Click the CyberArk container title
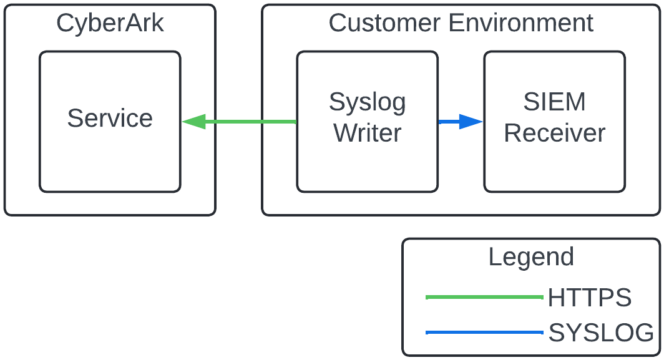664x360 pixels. pyautogui.click(x=110, y=24)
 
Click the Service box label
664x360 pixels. pyautogui.click(x=110, y=118)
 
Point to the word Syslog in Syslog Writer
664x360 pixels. pyautogui.click(x=367, y=102)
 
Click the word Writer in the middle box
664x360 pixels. pyautogui.click(x=367, y=133)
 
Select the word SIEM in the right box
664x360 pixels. pyautogui.click(x=554, y=102)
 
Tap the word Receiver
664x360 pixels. pyautogui.click(x=554, y=133)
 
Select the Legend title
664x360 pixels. pyautogui.click(x=530, y=257)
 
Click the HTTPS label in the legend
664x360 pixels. pyautogui.click(x=590, y=298)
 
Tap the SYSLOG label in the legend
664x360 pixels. pyautogui.click(x=601, y=333)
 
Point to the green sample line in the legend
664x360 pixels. pyautogui.click(x=484, y=298)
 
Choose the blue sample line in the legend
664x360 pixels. pyautogui.click(x=484, y=333)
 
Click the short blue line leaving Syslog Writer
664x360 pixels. pyautogui.click(x=448, y=122)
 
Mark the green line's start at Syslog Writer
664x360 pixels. pyautogui.click(x=295, y=122)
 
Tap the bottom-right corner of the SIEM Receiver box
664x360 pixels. pyautogui.click(x=623, y=190)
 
